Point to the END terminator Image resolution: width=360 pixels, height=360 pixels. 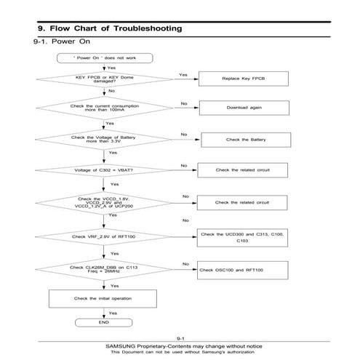pyautogui.click(x=103, y=321)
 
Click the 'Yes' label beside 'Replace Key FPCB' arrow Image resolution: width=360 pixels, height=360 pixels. pyautogui.click(x=183, y=74)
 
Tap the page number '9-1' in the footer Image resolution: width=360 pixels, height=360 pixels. pyautogui.click(x=180, y=338)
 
